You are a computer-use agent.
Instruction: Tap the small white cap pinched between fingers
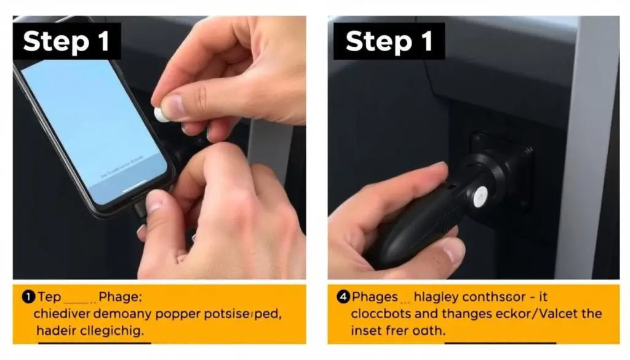pyautogui.click(x=161, y=114)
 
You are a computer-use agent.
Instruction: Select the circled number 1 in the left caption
pyautogui.click(x=28, y=297)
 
